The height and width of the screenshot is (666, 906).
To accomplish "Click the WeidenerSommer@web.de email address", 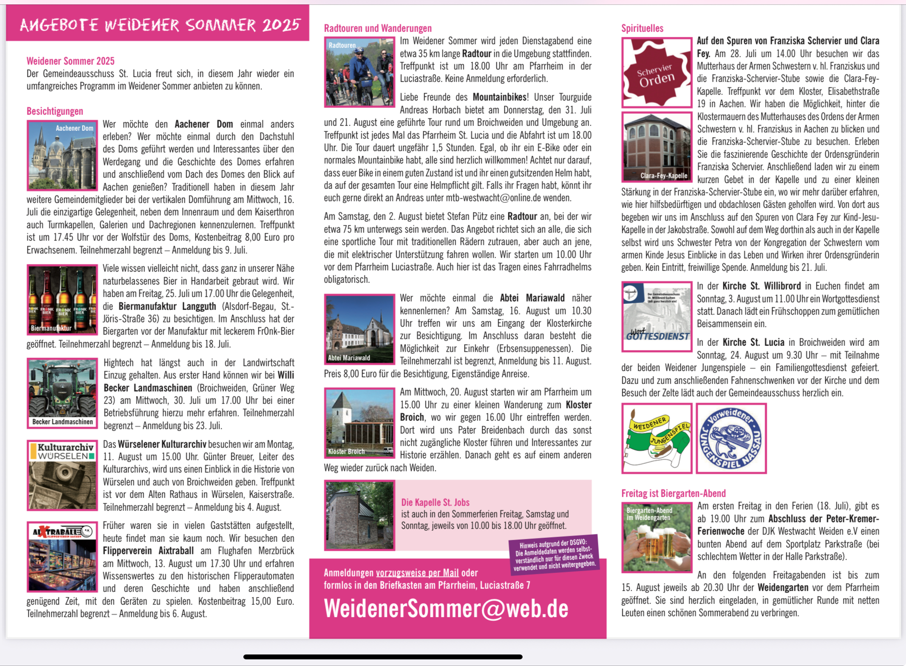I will tap(445, 608).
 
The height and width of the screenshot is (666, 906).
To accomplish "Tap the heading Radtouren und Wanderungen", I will tap(378, 28).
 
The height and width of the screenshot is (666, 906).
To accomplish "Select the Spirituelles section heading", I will tap(642, 28).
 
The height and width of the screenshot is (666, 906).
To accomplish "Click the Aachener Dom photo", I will tap(62, 155).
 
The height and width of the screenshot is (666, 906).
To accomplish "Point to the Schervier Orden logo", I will tap(656, 73).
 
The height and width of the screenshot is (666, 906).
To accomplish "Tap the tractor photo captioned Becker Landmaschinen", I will tap(62, 393).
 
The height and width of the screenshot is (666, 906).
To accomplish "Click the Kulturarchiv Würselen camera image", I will tap(62, 475).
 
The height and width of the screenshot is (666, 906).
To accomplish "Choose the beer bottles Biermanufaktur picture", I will tap(62, 300).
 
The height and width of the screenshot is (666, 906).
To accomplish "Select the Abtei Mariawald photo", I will tap(359, 329).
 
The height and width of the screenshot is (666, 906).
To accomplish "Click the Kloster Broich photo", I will tap(359, 423).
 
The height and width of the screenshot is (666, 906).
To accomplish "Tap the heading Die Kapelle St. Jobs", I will tap(435, 502).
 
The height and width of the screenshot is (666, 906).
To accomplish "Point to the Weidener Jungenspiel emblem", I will tap(656, 438).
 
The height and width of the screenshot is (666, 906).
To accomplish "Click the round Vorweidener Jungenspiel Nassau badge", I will tap(731, 438).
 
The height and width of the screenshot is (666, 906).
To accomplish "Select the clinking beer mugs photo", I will tap(656, 537).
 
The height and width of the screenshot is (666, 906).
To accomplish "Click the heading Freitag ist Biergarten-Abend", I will tap(673, 493).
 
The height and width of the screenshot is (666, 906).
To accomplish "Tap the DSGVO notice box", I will tap(554, 554).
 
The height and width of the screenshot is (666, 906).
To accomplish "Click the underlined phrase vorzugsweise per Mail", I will tap(417, 573).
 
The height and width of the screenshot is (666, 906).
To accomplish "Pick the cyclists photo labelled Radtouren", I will tap(359, 72).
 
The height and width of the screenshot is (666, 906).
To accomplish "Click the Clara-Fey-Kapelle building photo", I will tap(656, 147).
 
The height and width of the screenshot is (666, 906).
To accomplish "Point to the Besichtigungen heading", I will tap(55, 111).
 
